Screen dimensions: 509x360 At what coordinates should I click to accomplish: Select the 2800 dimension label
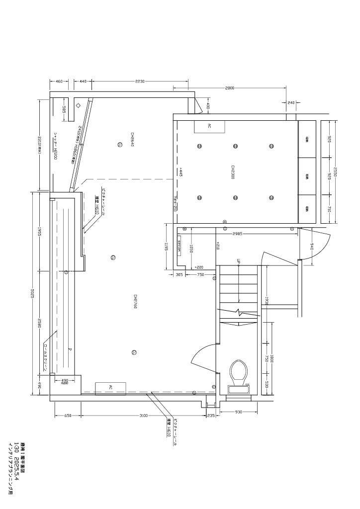pos(229,88)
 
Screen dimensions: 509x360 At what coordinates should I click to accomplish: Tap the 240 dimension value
pos(291,103)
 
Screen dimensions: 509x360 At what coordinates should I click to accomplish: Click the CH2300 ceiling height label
pos(232,172)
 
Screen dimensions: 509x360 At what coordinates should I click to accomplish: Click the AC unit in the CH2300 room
pos(209,126)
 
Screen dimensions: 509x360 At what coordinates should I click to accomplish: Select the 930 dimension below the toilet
pos(238,412)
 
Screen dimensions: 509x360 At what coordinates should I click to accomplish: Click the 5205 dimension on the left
pos(33,293)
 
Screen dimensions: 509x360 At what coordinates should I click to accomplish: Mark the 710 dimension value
pos(329,209)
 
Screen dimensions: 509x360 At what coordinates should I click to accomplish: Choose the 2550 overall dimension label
pos(335,172)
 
